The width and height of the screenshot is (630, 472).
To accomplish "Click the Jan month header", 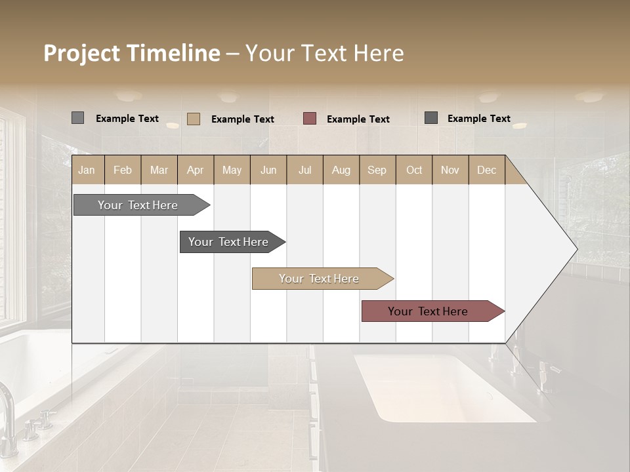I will click(x=87, y=170).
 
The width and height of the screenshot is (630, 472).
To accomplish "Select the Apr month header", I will click(x=196, y=170).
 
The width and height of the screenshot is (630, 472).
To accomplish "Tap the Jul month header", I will click(x=304, y=170).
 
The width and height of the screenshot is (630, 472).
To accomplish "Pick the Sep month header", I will click(x=377, y=170).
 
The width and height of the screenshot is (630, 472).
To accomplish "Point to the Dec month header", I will click(x=486, y=170).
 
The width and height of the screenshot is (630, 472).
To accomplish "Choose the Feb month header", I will click(x=123, y=170).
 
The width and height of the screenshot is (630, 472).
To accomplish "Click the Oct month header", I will click(x=414, y=170).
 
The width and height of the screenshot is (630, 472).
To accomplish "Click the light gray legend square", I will click(x=77, y=118).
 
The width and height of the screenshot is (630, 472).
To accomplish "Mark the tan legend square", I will click(x=194, y=119).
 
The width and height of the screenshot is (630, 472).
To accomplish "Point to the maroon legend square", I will click(x=310, y=119).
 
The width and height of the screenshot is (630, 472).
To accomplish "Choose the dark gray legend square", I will click(x=431, y=118).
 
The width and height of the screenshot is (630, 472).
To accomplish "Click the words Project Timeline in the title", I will click(x=132, y=53).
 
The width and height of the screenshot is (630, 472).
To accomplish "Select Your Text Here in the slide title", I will click(x=325, y=53).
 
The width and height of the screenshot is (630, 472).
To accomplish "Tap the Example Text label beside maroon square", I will click(x=358, y=119).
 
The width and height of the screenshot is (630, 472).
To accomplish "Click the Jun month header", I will click(x=268, y=170).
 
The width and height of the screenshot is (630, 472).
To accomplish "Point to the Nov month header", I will click(x=450, y=170).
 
